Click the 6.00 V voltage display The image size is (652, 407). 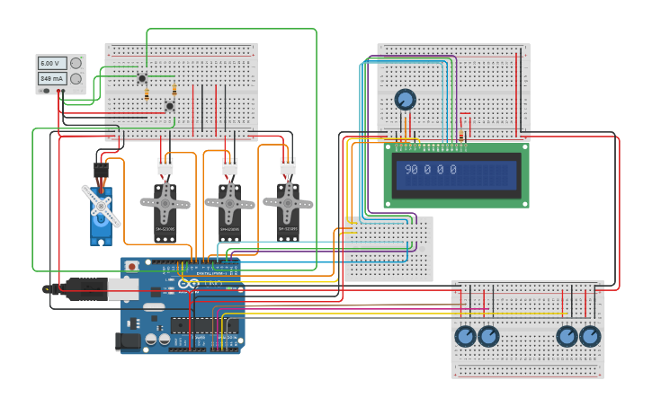coord(50,63)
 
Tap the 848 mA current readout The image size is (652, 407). coord(50,78)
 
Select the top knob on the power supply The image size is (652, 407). coord(76,63)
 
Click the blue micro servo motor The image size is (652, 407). coord(101,216)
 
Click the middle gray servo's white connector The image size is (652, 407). coord(230,166)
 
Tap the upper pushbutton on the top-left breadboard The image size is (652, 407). coord(142,79)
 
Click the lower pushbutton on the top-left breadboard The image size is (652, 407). coord(169,106)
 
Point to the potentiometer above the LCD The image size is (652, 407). coord(405,99)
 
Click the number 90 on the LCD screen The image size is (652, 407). coord(411,170)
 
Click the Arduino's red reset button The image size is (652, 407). coord(132,266)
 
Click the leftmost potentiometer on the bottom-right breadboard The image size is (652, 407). coord(465,336)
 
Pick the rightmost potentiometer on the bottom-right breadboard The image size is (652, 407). coord(590,336)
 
